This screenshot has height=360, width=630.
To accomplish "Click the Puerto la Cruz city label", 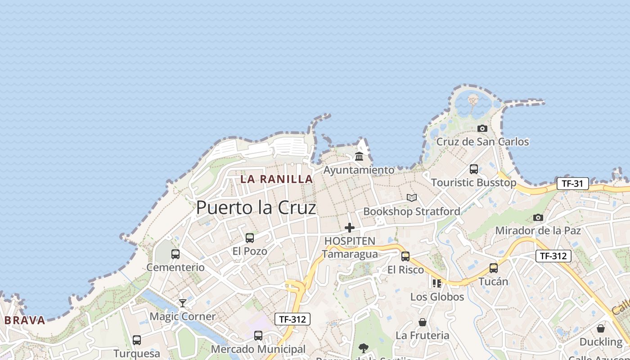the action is (256, 207).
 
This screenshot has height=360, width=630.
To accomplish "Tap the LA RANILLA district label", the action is (276, 179).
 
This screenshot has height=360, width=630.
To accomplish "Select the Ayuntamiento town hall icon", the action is (359, 157).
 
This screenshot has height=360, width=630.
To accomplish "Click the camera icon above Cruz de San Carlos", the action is (482, 129).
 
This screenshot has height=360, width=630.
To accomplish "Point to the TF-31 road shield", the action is (572, 184).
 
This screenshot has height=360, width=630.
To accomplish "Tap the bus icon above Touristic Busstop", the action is (474, 169).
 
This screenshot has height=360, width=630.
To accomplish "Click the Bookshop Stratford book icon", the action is (412, 198).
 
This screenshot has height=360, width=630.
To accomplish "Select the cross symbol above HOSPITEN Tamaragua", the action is (350, 228).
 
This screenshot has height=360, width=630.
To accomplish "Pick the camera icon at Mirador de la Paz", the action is (538, 218).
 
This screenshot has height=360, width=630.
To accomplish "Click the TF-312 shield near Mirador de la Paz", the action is (553, 256).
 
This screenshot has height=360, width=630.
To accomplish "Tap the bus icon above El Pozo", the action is (250, 238).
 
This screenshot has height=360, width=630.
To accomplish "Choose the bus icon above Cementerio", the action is (175, 254).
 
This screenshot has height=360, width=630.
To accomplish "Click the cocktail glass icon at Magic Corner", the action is (182, 303).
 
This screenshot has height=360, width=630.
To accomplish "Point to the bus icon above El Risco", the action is (405, 256).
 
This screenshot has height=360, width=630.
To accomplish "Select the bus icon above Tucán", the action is (494, 268).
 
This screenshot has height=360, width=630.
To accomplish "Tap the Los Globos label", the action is (437, 297).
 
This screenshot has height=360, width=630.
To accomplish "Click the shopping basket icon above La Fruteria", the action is (423, 322).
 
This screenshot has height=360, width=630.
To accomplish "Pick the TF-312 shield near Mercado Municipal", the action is (292, 319).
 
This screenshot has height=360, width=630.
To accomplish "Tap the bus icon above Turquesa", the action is (137, 340).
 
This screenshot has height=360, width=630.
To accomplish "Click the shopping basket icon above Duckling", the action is (601, 328).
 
